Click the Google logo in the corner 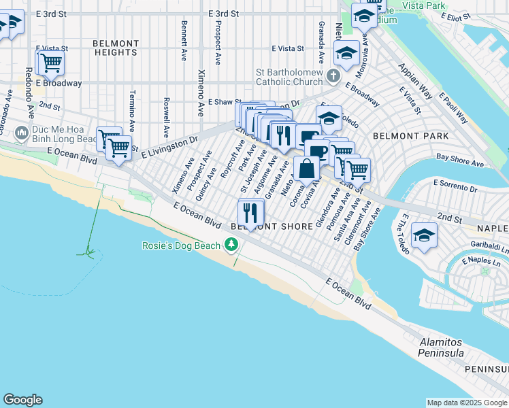point(22,400)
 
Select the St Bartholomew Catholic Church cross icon point(333,75)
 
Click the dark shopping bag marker point(307,168)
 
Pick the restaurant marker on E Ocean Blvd point(250,211)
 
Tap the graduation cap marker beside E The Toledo point(424,235)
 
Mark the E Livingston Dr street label point(169,146)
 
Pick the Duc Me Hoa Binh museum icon point(21,132)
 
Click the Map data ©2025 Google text point(466,403)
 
